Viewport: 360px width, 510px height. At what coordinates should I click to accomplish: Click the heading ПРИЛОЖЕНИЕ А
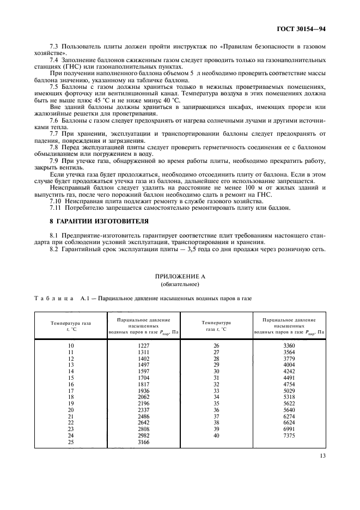pyautogui.click(x=179, y=276)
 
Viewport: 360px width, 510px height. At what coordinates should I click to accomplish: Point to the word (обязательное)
pyautogui.click(x=179, y=284)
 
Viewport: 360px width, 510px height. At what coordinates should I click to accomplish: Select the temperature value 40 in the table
pyautogui.click(x=216, y=436)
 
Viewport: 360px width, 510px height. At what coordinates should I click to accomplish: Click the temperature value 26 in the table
pyautogui.click(x=216, y=345)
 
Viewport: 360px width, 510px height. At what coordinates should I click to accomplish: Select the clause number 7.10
pyautogui.click(x=56, y=201)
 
